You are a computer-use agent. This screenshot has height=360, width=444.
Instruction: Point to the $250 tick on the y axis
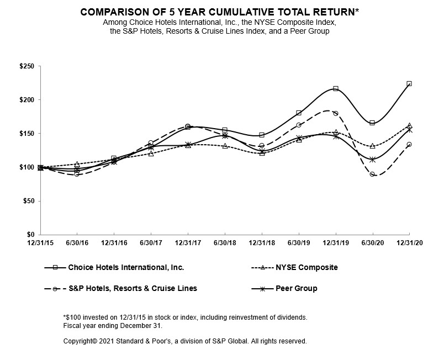coord(27,66)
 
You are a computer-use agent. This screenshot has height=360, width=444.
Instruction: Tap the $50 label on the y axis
coord(28,201)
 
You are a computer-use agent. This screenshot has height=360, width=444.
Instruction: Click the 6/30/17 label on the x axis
coord(151,242)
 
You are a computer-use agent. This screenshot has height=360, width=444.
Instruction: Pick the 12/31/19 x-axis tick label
coord(335,242)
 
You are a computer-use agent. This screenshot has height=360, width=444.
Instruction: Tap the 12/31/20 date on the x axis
coord(409,242)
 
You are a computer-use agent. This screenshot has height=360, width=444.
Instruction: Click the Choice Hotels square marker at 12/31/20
coord(409,83)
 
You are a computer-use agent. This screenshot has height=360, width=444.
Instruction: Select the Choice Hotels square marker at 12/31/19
coord(335,88)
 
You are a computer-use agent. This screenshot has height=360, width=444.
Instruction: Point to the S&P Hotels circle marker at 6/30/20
coord(372,174)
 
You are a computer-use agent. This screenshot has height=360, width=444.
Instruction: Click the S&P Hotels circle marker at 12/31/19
coord(335,113)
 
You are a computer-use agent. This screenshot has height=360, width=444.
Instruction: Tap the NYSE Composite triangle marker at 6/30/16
coord(77,164)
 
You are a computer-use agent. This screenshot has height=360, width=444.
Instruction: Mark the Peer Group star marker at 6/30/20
coord(372,160)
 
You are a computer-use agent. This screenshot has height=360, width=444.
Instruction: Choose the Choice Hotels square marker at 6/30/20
coord(372,123)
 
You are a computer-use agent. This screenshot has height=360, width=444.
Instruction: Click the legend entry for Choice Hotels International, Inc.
coord(126,267)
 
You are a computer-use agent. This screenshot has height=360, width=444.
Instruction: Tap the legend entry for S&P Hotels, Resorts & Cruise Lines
coord(132,288)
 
